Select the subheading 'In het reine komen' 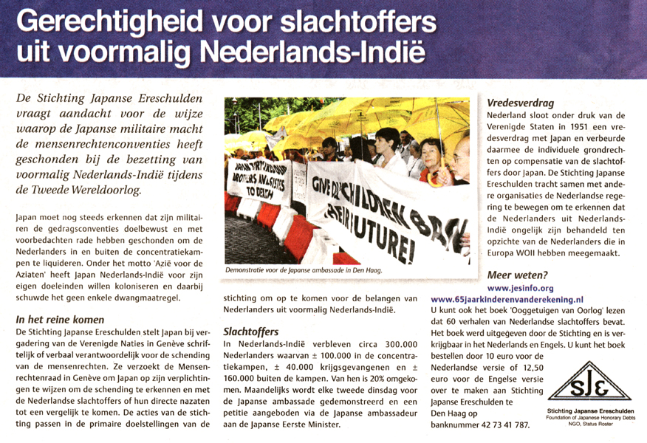pyautogui.click(x=60, y=320)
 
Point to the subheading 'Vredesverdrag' pyautogui.click(x=520, y=103)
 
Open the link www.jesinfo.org pyautogui.click(x=521, y=288)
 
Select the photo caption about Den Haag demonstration pyautogui.click(x=304, y=271)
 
